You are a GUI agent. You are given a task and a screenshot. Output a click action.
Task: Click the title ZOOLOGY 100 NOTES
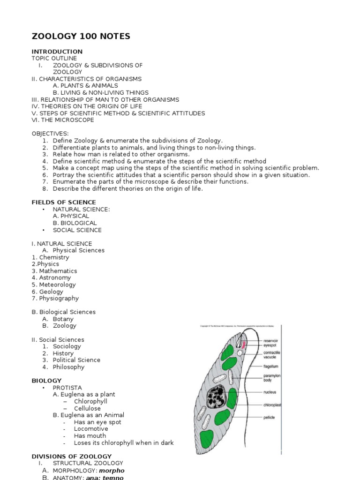(x=81, y=36)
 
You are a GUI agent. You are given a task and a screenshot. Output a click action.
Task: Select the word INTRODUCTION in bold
(x=57, y=52)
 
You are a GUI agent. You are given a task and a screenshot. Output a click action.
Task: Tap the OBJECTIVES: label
(x=50, y=134)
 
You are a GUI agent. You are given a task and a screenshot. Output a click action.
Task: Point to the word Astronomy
(x=55, y=278)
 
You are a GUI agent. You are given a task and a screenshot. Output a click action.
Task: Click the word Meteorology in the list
(x=57, y=285)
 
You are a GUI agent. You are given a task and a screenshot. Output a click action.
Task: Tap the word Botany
(x=63, y=319)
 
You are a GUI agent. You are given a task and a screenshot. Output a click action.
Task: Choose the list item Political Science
(x=76, y=360)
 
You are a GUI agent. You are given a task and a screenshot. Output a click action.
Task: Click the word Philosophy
(x=68, y=367)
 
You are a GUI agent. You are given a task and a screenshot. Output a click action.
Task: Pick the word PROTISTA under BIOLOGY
(x=67, y=388)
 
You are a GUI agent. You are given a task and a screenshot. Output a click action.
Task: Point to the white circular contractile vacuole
(x=240, y=352)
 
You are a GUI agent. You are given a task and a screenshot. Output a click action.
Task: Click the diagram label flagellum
(x=271, y=366)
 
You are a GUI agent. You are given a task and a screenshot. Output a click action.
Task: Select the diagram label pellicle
(x=269, y=417)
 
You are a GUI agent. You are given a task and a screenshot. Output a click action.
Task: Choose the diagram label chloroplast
(x=272, y=404)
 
